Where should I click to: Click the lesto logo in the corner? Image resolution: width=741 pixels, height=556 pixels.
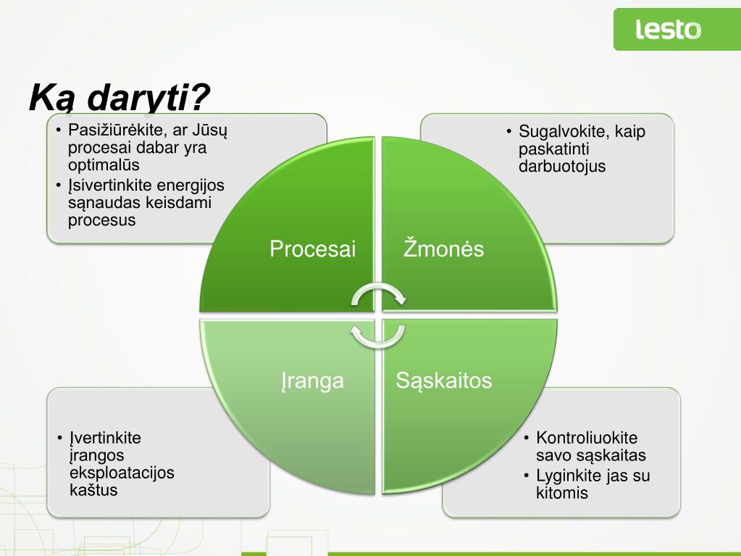click(669, 29)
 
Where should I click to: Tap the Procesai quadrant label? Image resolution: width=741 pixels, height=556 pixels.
click(312, 249)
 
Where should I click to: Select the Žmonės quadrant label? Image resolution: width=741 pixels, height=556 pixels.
click(443, 248)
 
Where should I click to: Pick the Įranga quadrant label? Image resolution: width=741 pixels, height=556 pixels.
click(312, 381)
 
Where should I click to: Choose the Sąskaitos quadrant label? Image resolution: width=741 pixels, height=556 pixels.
click(444, 381)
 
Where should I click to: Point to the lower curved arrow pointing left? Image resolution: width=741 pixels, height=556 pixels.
click(377, 336)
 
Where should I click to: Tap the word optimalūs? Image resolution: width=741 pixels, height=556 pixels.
click(104, 165)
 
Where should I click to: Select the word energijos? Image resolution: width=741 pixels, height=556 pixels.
click(191, 186)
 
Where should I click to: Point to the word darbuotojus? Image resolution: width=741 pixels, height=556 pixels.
click(562, 167)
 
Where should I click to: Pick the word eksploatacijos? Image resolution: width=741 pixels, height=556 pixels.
click(122, 473)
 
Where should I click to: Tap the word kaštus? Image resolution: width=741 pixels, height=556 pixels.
click(93, 490)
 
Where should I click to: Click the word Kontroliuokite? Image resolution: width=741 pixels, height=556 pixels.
click(587, 438)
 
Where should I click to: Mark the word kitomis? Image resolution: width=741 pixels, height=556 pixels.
click(562, 493)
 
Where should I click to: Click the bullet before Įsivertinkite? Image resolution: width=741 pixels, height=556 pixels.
click(58, 186)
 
